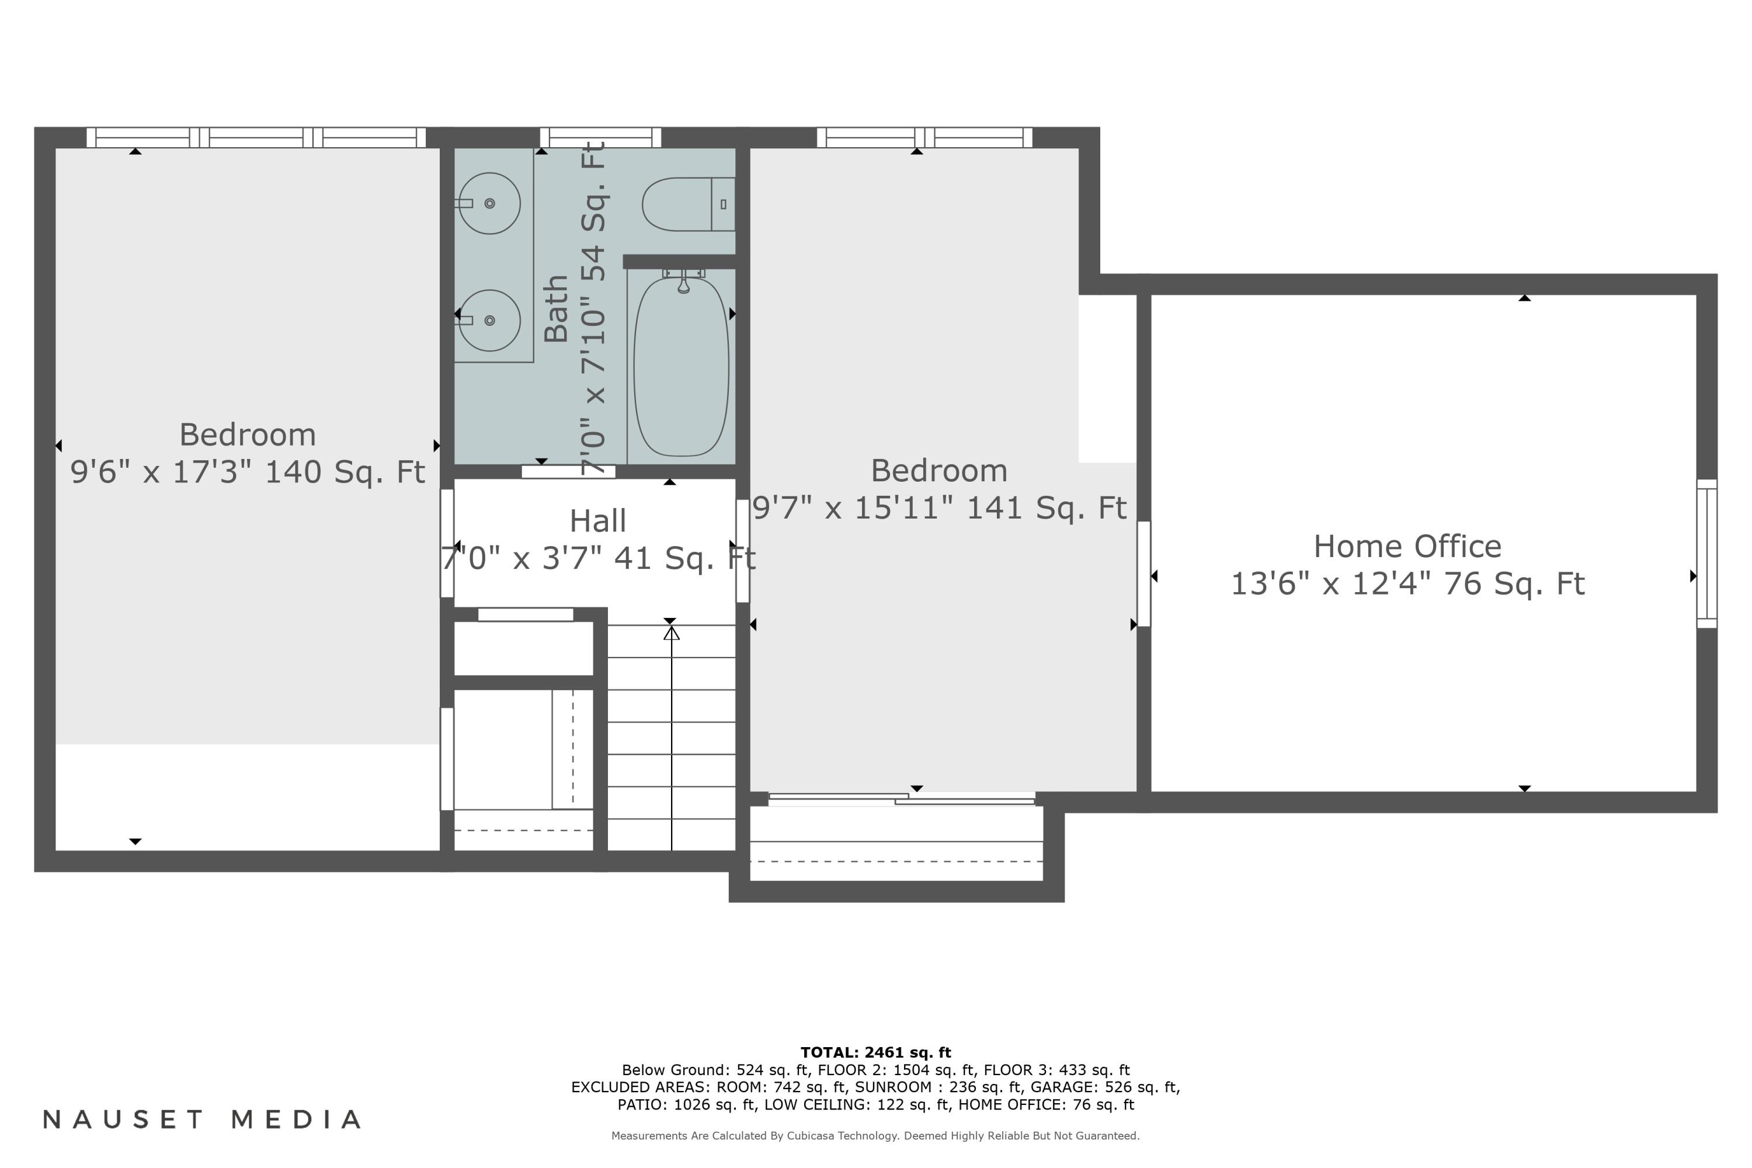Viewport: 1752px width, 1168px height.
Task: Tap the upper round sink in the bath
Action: (489, 203)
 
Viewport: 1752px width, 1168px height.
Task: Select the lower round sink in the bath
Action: (489, 320)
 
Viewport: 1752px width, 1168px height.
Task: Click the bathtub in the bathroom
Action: (681, 367)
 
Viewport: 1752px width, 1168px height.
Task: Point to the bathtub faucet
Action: (683, 281)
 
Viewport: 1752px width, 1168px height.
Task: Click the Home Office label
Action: (1406, 547)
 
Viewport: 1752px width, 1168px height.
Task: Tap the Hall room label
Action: (597, 521)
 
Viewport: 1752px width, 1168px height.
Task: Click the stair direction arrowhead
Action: (671, 633)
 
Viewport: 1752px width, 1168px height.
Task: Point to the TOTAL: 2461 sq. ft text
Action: (875, 1052)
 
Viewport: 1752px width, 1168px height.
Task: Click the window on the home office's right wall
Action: (1706, 554)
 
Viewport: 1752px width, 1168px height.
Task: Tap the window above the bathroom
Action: (600, 137)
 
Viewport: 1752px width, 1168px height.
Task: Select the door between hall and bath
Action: (568, 471)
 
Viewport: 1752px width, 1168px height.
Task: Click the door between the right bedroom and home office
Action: (1143, 573)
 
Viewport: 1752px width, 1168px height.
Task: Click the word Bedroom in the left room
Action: (247, 435)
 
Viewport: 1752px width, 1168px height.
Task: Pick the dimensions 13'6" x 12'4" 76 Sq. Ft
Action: (1406, 584)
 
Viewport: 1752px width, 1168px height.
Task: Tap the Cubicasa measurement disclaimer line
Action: (875, 1136)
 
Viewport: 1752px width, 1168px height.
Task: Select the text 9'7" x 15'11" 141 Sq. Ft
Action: (938, 508)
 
